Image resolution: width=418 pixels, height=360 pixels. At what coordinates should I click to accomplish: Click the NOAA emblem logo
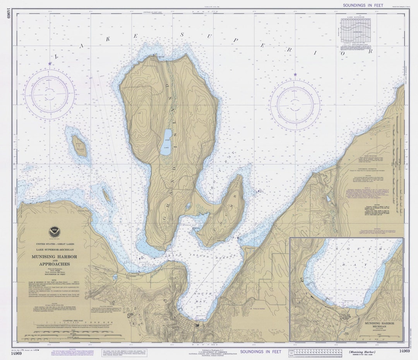pyautogui.click(x=54, y=233)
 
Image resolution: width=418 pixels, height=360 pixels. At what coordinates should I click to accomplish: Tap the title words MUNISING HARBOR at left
pyautogui.click(x=54, y=257)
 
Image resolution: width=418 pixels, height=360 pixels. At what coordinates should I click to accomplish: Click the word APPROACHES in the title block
pyautogui.click(x=54, y=264)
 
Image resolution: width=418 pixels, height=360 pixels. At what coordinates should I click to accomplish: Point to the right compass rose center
pyautogui.click(x=295, y=105)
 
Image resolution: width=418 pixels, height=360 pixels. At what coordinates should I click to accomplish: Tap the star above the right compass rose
pyautogui.click(x=295, y=75)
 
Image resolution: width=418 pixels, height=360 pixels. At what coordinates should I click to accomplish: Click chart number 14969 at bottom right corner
pyautogui.click(x=404, y=351)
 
